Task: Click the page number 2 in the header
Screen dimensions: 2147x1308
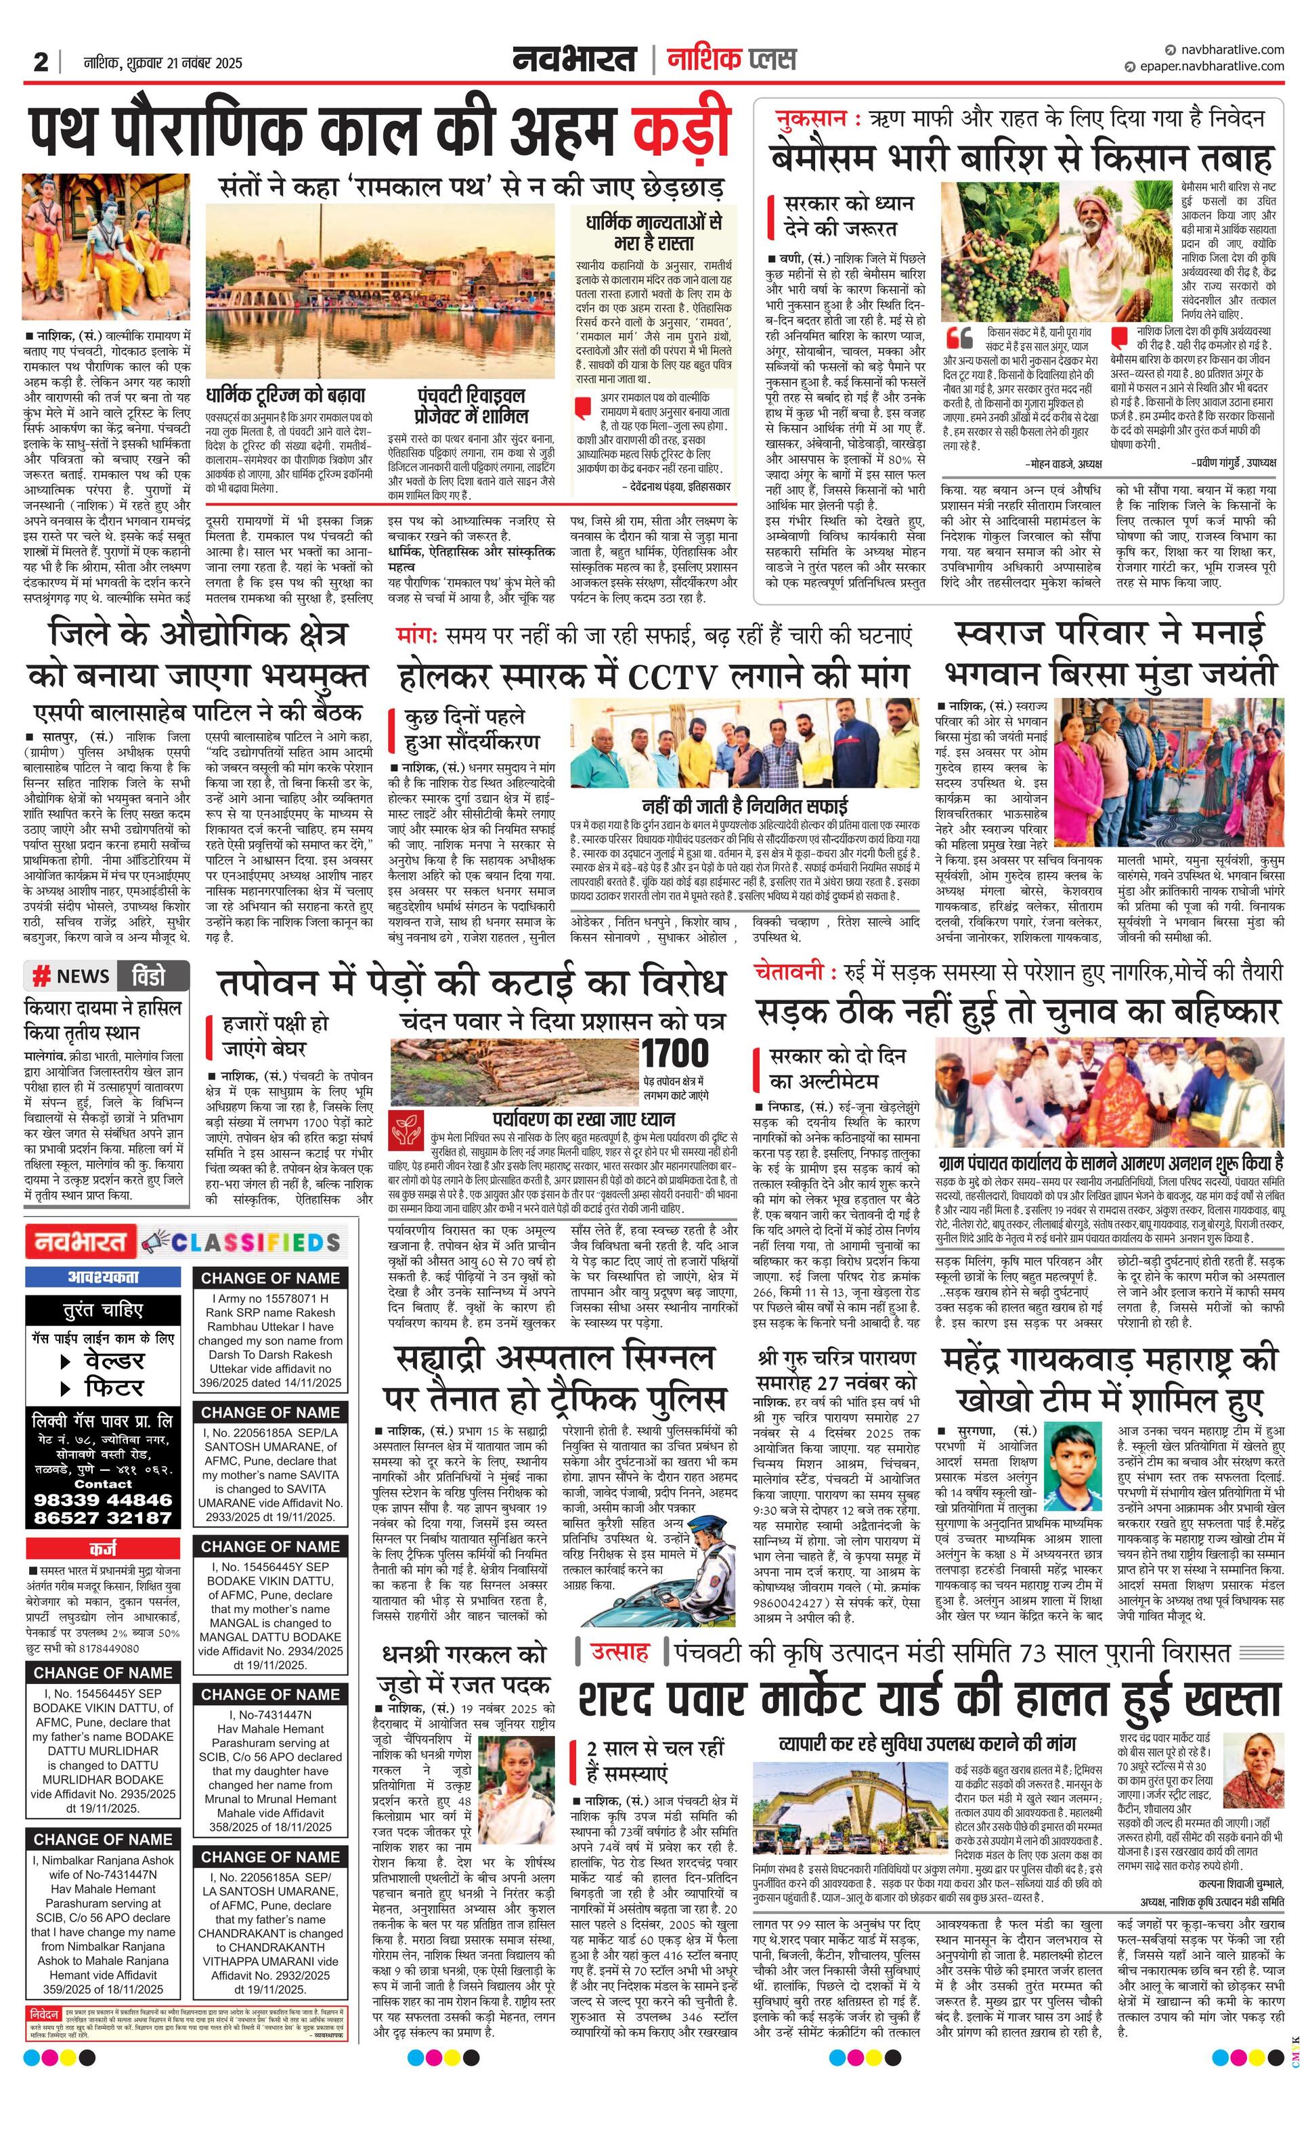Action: click(x=40, y=63)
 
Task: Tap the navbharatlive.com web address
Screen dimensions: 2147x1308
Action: click(x=1229, y=49)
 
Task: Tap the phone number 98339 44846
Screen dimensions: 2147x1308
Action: click(x=103, y=1500)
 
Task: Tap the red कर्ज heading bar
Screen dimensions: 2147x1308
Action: click(x=103, y=1549)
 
